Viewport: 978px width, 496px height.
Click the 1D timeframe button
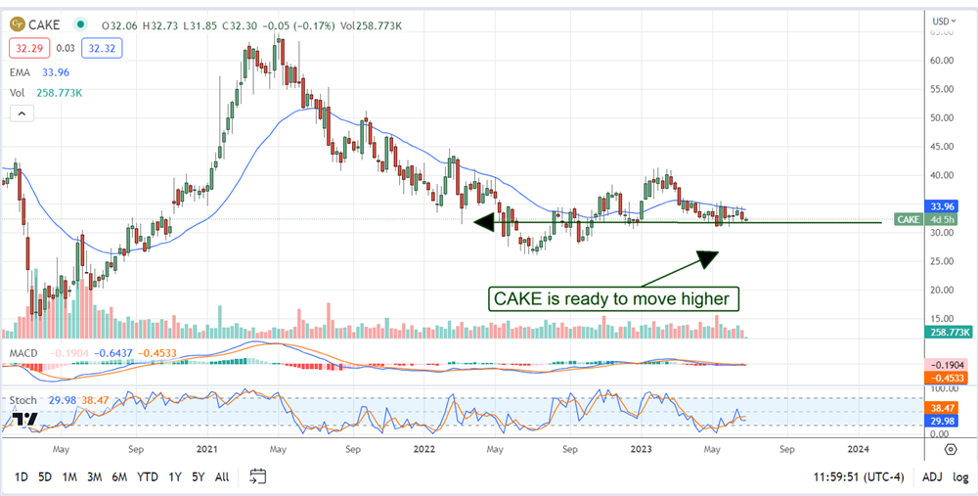pos(20,476)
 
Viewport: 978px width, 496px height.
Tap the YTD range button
pos(148,476)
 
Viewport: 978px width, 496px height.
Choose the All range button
pos(222,476)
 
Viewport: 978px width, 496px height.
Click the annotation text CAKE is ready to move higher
pos(613,297)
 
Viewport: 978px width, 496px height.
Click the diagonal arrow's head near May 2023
pos(706,257)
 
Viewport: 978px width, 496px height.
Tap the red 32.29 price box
pos(26,46)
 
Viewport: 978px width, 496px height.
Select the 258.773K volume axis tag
pos(947,333)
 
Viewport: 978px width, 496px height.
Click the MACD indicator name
pos(23,353)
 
